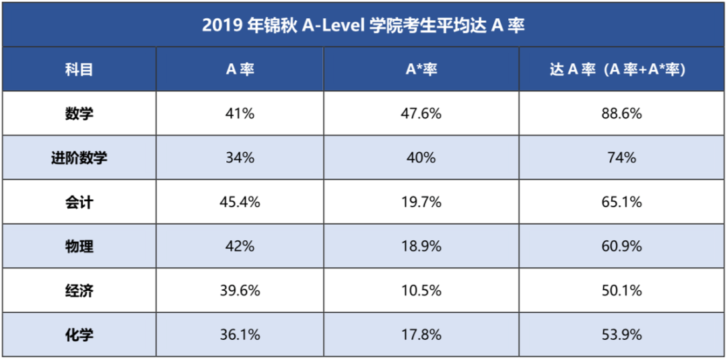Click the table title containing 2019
pyautogui.click(x=363, y=25)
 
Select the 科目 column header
pyautogui.click(x=79, y=69)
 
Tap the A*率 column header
pyautogui.click(x=421, y=69)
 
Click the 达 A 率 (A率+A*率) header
pyautogui.click(x=621, y=69)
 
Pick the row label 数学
pyautogui.click(x=79, y=114)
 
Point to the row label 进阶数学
pyautogui.click(x=79, y=158)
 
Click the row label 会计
pyautogui.click(x=79, y=202)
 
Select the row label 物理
pyautogui.click(x=79, y=246)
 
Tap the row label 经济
pyautogui.click(x=79, y=291)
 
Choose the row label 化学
pyautogui.click(x=79, y=334)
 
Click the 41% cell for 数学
pyautogui.click(x=240, y=114)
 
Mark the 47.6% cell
pyautogui.click(x=421, y=114)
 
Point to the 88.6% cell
pyautogui.click(x=621, y=114)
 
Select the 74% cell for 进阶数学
pyautogui.click(x=621, y=158)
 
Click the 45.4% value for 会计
pyautogui.click(x=240, y=202)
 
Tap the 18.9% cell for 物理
pyautogui.click(x=421, y=246)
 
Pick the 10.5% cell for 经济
pyautogui.click(x=421, y=291)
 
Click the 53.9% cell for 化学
pyautogui.click(x=621, y=334)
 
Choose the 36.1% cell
pyautogui.click(x=240, y=334)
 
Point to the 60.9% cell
pyautogui.click(x=621, y=246)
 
